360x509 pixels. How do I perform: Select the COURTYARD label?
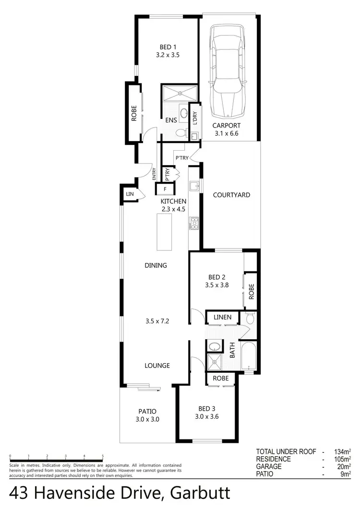[x=231, y=195]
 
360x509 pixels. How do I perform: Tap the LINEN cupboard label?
[x=222, y=317]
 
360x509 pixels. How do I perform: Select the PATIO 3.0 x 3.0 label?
[x=147, y=415]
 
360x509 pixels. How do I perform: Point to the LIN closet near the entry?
[x=129, y=194]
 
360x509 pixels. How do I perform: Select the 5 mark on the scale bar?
[x=103, y=456]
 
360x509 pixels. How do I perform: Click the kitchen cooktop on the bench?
[x=194, y=223]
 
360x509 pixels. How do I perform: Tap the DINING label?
[x=156, y=265]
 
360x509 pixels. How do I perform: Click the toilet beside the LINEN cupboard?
[x=249, y=318]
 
